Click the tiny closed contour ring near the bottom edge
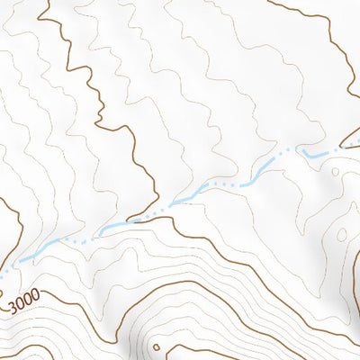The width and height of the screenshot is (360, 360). (157, 346)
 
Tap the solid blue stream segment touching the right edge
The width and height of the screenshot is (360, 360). (351, 142)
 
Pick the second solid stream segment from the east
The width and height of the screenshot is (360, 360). (314, 156)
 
